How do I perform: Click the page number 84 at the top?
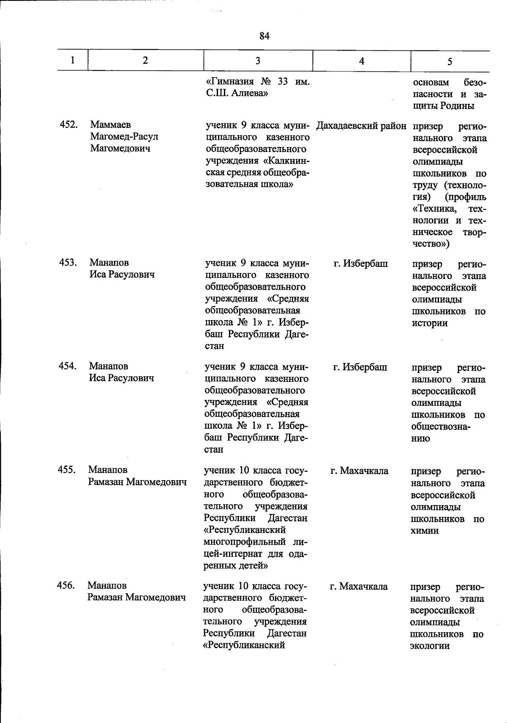click(264, 36)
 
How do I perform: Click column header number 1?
click(73, 60)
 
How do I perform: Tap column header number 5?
click(450, 62)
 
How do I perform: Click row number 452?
click(68, 125)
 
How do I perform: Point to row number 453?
click(68, 263)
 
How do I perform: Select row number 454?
click(68, 366)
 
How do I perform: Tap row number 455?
click(67, 470)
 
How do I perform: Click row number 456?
click(66, 585)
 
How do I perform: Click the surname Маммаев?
click(110, 125)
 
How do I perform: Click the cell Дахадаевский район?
click(361, 126)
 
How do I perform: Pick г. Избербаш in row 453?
click(361, 264)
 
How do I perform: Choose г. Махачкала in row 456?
click(359, 587)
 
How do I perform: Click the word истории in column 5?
click(430, 323)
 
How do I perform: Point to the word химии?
click(425, 531)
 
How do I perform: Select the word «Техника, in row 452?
click(435, 209)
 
